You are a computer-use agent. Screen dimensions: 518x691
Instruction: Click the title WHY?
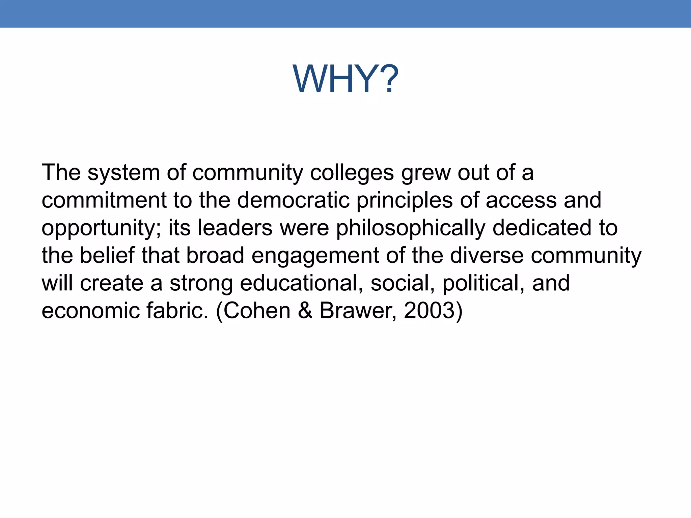pyautogui.click(x=345, y=79)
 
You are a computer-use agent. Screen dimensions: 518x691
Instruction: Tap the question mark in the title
pyautogui.click(x=386, y=79)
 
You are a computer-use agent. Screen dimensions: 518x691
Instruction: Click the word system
pyautogui.click(x=123, y=173)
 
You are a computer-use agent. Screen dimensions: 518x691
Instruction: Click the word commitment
pyautogui.click(x=104, y=200)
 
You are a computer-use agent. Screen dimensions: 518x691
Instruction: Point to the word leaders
pyautogui.click(x=235, y=228)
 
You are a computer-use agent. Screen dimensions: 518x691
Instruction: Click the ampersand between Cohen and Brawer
pyautogui.click(x=305, y=311)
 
